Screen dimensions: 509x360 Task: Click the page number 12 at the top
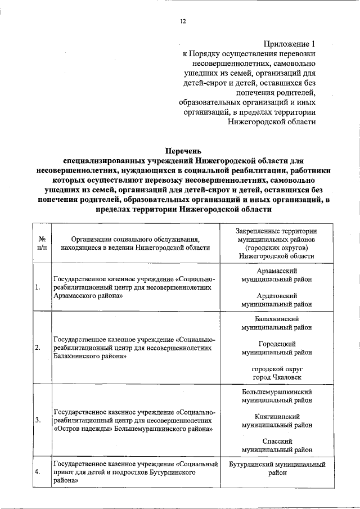[x=182, y=21]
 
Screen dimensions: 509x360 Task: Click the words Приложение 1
[x=289, y=43]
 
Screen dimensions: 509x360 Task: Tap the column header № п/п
[x=41, y=242]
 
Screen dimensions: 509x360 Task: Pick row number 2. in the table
[x=37, y=348]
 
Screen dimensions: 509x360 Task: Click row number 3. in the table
[x=37, y=420]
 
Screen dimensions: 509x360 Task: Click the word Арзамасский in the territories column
[x=276, y=271]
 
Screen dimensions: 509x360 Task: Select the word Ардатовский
[x=276, y=295]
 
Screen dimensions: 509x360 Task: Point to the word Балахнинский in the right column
[x=276, y=319]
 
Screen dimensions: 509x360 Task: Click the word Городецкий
[x=276, y=344]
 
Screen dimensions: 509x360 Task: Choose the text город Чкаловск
[x=276, y=376]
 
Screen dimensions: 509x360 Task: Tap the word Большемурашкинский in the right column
[x=276, y=391]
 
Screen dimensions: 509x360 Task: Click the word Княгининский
[x=276, y=417]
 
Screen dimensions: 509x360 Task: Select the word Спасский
[x=276, y=441]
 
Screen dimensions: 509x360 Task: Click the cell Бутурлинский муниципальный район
[x=277, y=469]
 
